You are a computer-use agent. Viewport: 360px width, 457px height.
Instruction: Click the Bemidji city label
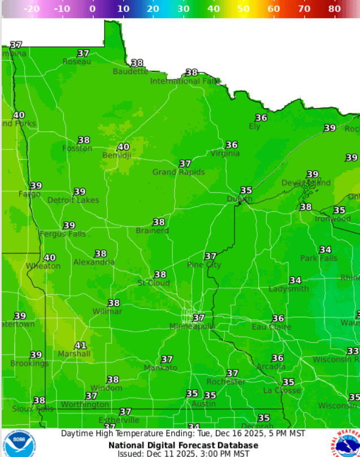tap(116, 155)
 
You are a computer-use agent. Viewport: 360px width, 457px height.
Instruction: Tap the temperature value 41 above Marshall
tap(81, 346)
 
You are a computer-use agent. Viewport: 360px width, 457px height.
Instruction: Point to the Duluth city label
tap(240, 199)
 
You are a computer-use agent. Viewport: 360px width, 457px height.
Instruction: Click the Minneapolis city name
tap(192, 326)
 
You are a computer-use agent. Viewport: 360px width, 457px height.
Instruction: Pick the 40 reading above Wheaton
tap(50, 258)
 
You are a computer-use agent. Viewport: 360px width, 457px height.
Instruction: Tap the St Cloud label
tap(154, 283)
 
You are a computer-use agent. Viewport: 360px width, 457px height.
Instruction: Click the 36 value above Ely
tap(261, 118)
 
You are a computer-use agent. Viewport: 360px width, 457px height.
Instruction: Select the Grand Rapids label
tap(179, 172)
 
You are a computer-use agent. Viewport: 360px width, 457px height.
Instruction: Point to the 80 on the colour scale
tap(334, 8)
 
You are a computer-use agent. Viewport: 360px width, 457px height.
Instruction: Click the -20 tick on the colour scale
tap(32, 8)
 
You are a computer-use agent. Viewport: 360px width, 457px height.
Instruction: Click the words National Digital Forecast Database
tap(183, 445)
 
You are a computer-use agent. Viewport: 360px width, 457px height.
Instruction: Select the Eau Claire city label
tap(272, 327)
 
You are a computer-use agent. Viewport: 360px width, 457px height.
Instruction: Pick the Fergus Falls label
tap(62, 234)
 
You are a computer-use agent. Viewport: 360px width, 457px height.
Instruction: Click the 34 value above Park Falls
tap(326, 250)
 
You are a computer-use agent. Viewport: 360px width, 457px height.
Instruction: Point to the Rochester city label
tap(226, 382)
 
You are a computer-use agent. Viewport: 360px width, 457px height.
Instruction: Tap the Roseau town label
tap(77, 62)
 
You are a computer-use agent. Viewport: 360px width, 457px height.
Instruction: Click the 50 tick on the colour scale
tap(243, 8)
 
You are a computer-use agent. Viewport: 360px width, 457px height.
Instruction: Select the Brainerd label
tap(153, 231)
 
